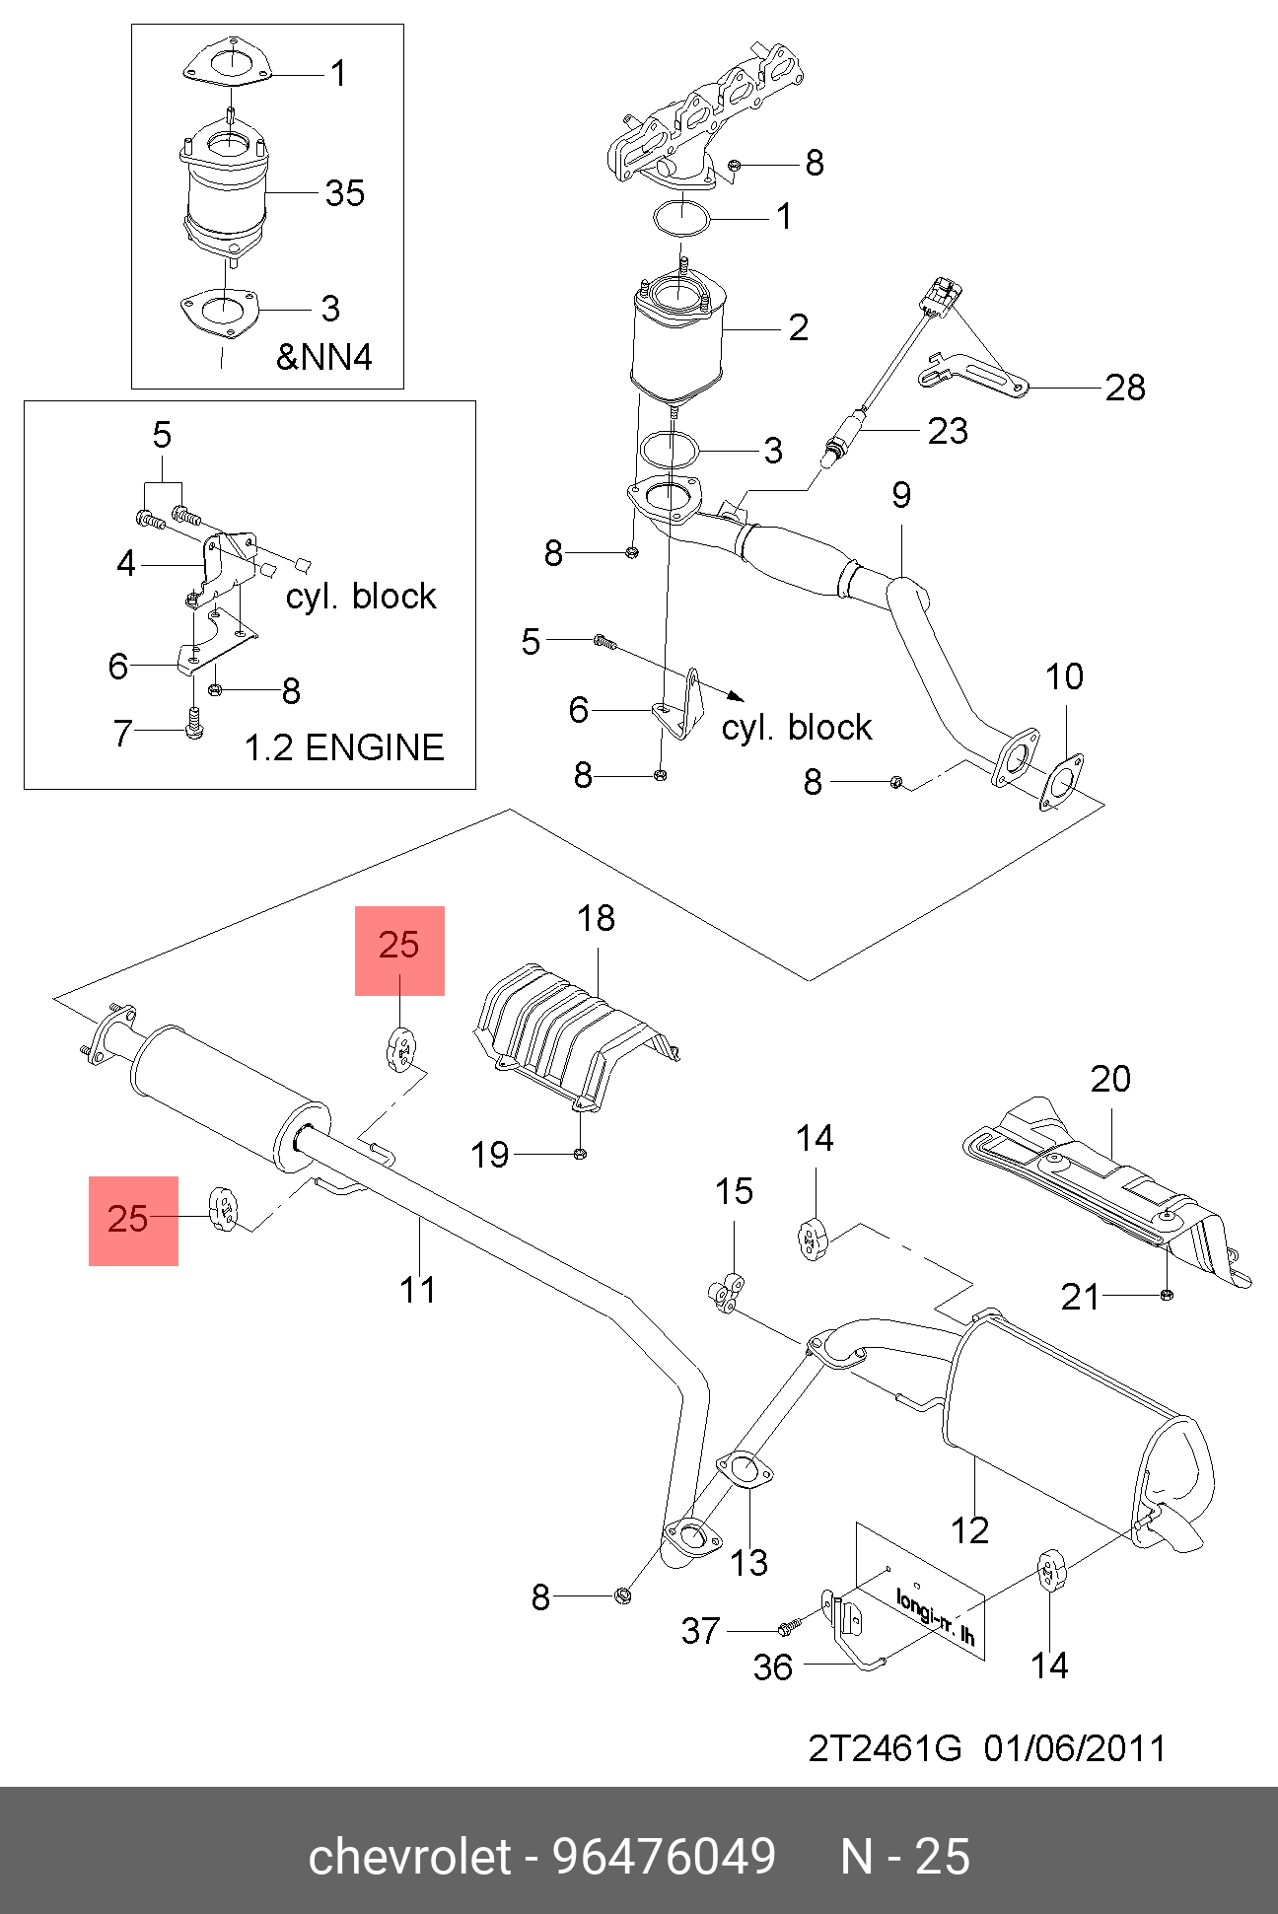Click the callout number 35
click(x=345, y=193)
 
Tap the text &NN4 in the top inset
click(x=324, y=356)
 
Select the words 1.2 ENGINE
click(x=343, y=748)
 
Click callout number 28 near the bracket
click(x=1125, y=389)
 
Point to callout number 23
click(x=948, y=431)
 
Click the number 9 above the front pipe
click(x=901, y=495)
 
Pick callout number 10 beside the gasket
click(x=1064, y=677)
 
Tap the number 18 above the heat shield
click(x=596, y=919)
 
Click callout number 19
click(x=490, y=1155)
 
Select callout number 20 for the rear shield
click(x=1110, y=1079)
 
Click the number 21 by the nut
click(x=1080, y=1297)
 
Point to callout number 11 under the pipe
click(x=418, y=1290)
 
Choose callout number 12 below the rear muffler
click(x=969, y=1530)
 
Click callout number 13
click(x=748, y=1562)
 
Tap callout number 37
click(x=701, y=1631)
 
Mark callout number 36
click(x=773, y=1667)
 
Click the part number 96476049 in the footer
click(x=664, y=1857)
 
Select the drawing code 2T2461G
click(x=885, y=1748)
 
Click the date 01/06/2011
click(x=1075, y=1748)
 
